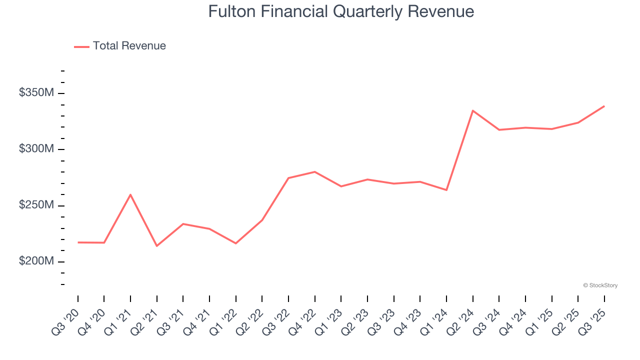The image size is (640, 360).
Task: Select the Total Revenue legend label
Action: point(129,46)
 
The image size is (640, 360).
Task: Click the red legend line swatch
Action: point(81,46)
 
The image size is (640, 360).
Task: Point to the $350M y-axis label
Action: point(36,93)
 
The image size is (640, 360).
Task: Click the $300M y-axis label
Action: point(36,149)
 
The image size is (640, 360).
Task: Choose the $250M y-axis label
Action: point(36,205)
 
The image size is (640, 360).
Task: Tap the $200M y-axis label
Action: point(36,261)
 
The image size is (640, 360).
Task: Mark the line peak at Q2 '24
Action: point(472,110)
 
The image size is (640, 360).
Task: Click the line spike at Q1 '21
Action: point(130,194)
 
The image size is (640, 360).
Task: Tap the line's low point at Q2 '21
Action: point(157,246)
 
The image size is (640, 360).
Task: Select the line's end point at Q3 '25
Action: point(604,106)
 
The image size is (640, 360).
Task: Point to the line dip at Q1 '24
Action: point(446,190)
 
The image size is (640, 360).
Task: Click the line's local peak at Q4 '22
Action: point(314,171)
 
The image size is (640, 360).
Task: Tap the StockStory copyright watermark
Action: point(600,285)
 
